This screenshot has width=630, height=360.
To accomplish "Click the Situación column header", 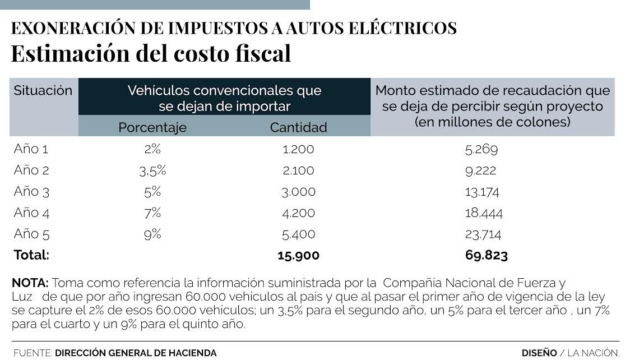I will point(43,91).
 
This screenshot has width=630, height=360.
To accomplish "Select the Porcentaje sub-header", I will point(152,127).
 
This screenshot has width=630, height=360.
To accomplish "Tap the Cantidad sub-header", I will point(298,127).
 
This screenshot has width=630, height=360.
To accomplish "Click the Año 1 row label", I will point(31,149).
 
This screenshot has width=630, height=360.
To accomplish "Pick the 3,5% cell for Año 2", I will point(152,170).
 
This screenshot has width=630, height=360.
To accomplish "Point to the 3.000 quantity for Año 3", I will point(298,192).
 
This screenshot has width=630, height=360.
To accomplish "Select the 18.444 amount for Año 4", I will point(484,213).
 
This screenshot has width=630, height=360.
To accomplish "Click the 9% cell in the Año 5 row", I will point(152,234).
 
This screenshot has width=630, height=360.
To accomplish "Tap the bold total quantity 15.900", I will point(298,256).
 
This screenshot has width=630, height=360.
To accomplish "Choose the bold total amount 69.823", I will point(486,256).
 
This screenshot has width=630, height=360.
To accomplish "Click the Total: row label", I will point(31,255).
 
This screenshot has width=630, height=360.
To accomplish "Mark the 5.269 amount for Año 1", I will point(481,149).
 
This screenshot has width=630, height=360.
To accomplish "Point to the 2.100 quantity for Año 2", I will point(298,170).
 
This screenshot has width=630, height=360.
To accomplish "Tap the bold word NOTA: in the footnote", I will point(30,282).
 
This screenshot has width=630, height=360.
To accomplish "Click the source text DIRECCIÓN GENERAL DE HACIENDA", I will point(135,353).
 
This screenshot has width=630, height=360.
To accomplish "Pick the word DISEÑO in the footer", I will point(539,353).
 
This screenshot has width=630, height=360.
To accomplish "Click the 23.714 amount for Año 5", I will point(483,234).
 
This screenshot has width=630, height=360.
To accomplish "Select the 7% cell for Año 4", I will point(152,213).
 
